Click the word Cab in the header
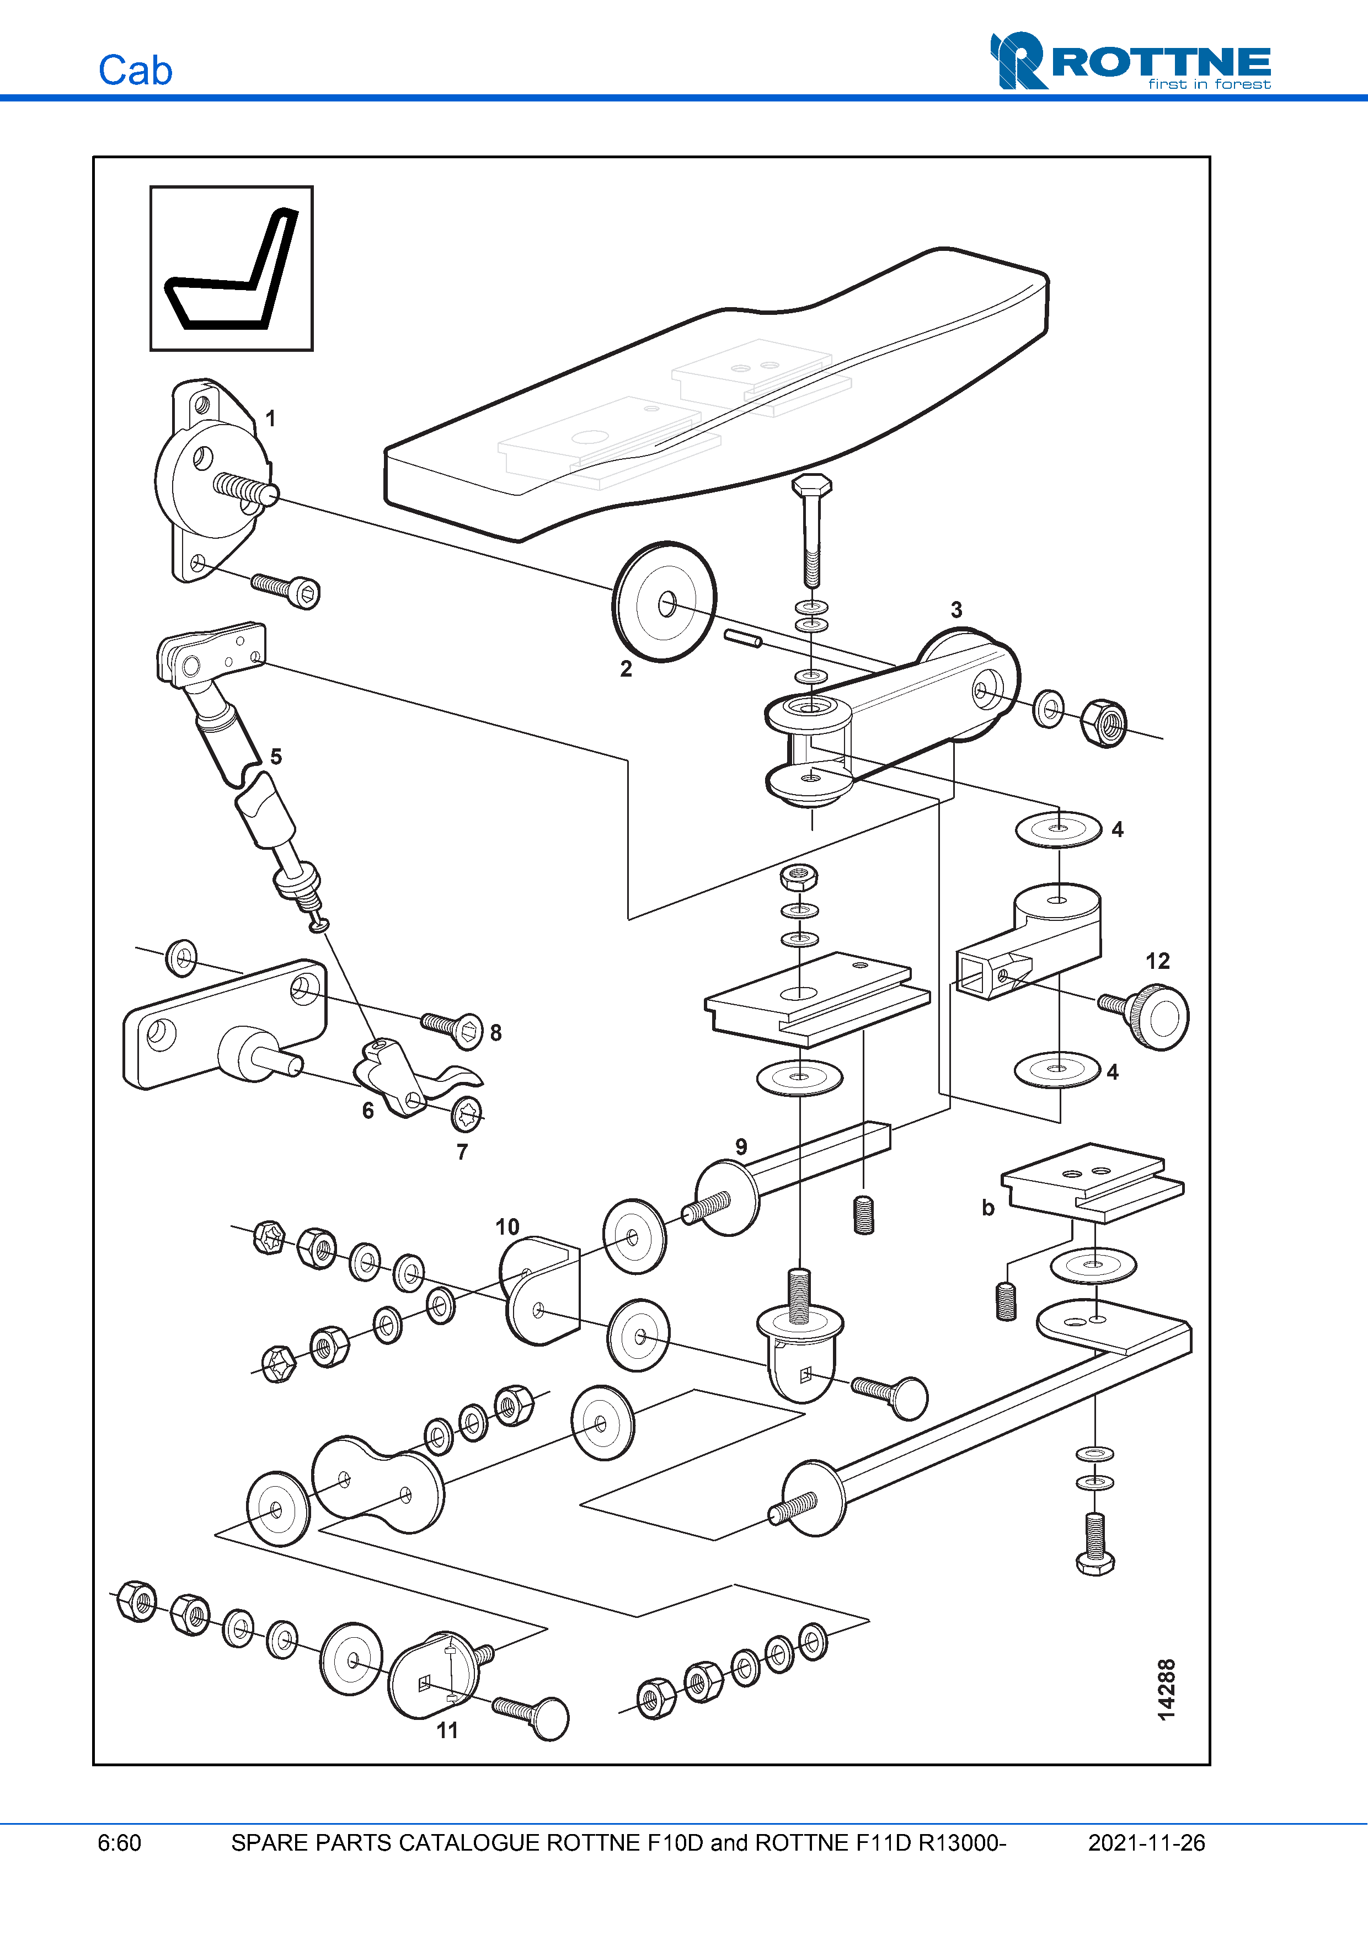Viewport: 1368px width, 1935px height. coord(135,71)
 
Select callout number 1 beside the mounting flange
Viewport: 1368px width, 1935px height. coord(270,418)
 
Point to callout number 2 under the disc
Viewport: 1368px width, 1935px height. coord(626,668)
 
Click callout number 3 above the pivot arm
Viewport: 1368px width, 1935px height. coord(956,609)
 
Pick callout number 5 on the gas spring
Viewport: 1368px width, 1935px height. coord(276,756)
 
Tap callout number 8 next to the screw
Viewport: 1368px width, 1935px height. coord(495,1032)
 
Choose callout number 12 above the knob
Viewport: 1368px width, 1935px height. coord(1157,961)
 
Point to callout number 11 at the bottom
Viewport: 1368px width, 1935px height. coord(447,1730)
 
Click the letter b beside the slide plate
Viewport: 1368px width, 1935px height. coord(988,1208)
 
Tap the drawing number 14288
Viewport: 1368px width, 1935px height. coord(1166,1690)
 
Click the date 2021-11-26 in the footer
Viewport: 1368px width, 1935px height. coord(1146,1842)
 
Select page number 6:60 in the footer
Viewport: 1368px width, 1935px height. coord(120,1842)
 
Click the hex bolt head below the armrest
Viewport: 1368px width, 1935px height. coord(811,485)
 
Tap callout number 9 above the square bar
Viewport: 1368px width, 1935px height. coord(741,1146)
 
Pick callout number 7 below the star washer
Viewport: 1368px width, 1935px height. coord(462,1151)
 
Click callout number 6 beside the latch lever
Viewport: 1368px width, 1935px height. coord(367,1110)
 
